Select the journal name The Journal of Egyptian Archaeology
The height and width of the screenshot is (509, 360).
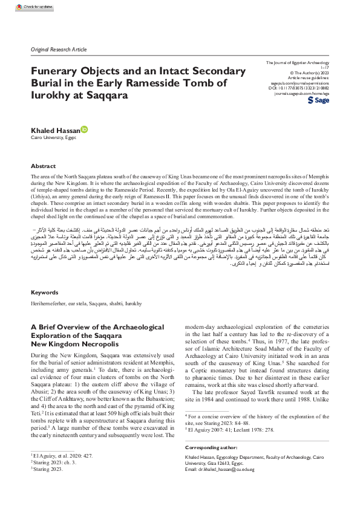pyautogui.click(x=303, y=63)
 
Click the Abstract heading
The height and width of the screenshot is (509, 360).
pyautogui.click(x=44, y=166)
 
